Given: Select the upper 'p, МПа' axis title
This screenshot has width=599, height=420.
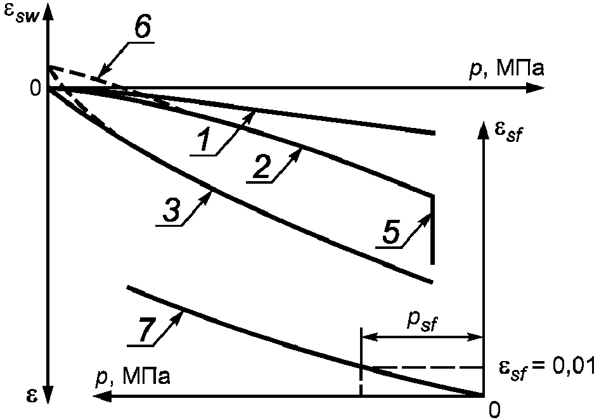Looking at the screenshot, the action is coord(506,69).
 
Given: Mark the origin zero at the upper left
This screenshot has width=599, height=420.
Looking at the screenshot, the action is coord(35,88).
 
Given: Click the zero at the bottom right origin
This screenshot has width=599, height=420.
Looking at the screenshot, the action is coord(494,409).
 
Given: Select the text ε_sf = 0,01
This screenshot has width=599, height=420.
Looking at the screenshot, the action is coord(547,368).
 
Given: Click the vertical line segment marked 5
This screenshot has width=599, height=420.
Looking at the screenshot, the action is coord(432,229).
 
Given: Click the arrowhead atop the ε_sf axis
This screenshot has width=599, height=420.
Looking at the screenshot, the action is coord(484,130).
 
